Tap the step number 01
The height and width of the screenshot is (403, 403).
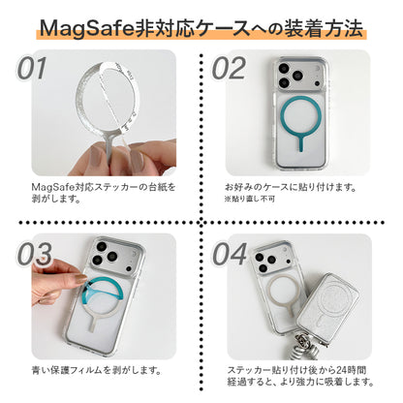click(x=33, y=69)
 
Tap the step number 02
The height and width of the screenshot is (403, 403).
click(x=231, y=69)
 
